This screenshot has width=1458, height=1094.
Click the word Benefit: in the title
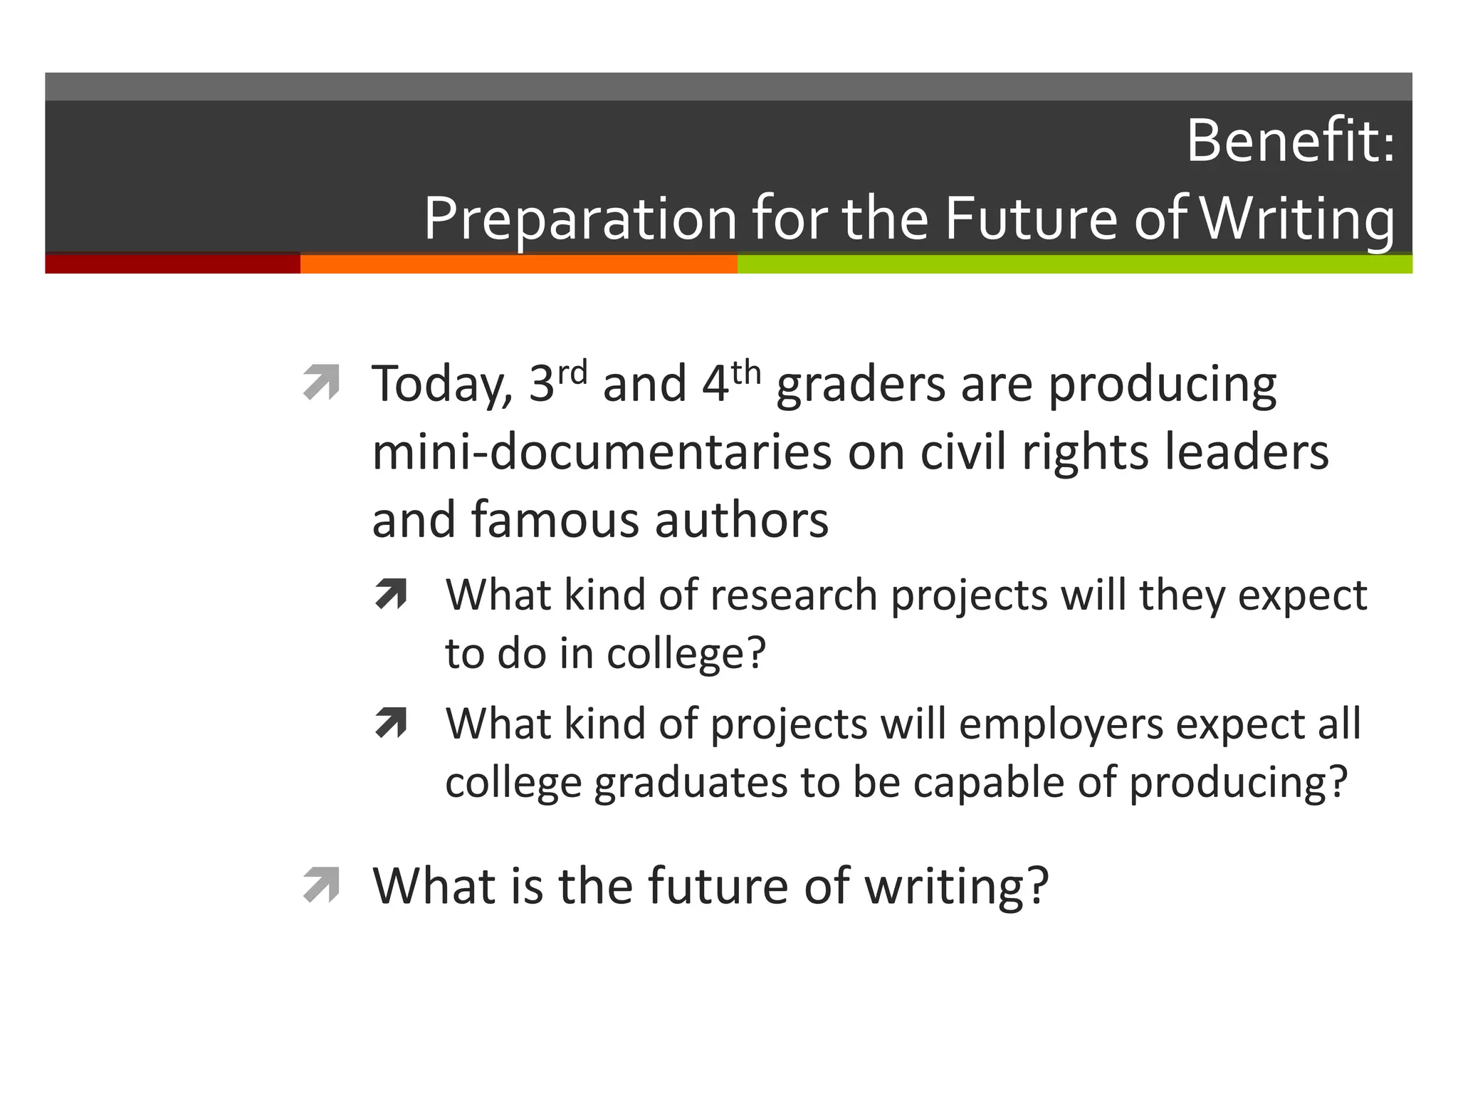(x=1289, y=141)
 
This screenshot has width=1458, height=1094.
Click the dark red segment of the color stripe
(x=172, y=264)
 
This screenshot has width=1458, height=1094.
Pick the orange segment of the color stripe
(x=518, y=264)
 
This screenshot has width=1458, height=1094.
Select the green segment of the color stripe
(x=1074, y=264)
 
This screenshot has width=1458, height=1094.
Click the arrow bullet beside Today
(x=321, y=382)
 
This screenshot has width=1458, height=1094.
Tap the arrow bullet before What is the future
(x=321, y=885)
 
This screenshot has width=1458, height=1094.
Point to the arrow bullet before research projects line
(x=391, y=594)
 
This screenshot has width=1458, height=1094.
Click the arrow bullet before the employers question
(x=391, y=723)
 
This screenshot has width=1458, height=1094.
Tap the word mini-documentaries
(x=602, y=452)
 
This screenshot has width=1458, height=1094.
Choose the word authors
(x=741, y=520)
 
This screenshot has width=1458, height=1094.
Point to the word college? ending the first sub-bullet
(x=686, y=653)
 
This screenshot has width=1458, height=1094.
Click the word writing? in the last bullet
(x=956, y=887)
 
